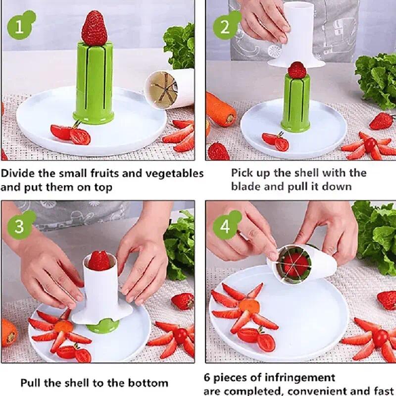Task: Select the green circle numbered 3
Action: (19, 226)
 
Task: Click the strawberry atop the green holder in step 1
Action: (94, 28)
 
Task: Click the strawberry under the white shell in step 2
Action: (297, 70)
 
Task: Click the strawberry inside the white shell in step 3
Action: (99, 260)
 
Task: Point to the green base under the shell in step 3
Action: (103, 326)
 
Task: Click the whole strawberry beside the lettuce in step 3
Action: (183, 300)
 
